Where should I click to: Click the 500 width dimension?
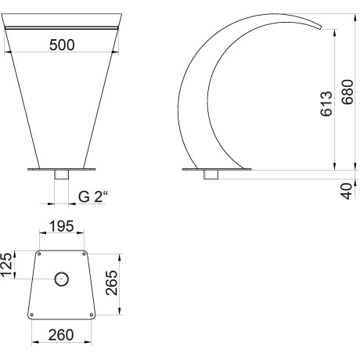62,45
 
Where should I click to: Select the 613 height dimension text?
326,103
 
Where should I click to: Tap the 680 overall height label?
347,92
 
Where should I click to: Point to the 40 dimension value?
347,191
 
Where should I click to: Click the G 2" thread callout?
93,196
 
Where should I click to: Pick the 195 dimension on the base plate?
62,226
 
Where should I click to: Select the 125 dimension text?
6,264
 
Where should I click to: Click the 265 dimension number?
112,283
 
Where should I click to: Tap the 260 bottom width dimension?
61,335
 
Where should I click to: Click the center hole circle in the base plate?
62,279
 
